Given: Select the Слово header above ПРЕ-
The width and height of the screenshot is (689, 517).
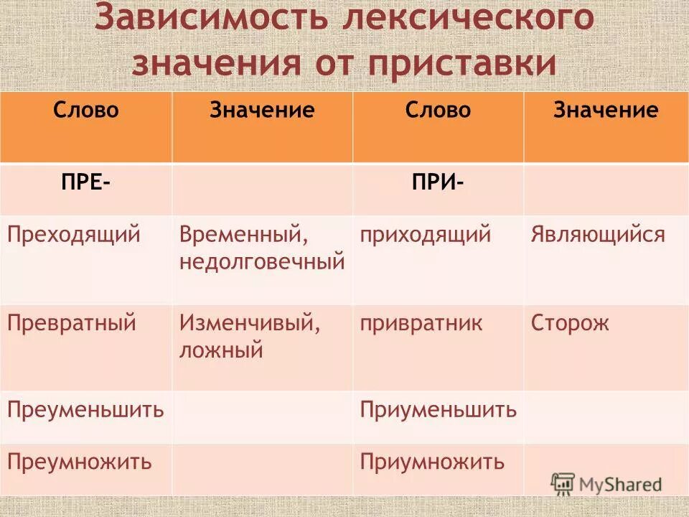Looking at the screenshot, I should point(85,110).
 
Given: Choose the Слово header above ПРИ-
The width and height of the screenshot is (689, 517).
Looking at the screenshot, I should point(438,110).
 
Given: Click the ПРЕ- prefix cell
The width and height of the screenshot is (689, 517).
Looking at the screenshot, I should point(85,182).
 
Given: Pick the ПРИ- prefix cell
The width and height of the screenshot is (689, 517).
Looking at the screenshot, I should point(438,182).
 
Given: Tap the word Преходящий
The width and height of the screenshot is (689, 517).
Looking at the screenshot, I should point(73,235).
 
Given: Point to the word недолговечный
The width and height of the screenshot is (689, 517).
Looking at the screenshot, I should point(263,261).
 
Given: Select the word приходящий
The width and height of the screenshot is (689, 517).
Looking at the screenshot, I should point(426,235).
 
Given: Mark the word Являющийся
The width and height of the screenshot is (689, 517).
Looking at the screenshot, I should point(598,235).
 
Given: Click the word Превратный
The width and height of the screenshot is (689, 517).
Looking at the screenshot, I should point(72,323).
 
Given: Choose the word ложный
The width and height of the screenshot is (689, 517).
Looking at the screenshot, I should point(221,350).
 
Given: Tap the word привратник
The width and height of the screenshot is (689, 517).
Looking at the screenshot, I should point(421,323).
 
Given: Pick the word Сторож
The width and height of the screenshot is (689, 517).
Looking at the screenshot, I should point(570,323).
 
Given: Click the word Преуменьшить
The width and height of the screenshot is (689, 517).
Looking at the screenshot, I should point(86,410).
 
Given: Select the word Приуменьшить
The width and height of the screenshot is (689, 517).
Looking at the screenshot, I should point(439,410).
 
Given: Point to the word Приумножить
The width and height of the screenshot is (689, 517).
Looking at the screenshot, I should point(433,462).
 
